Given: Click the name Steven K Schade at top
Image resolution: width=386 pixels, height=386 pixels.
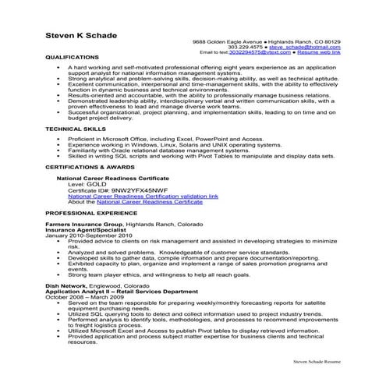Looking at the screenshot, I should point(82,33).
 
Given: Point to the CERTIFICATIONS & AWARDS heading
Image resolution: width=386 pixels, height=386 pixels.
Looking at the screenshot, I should point(90,166).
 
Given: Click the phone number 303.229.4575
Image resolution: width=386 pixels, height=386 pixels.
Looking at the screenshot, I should point(244,46).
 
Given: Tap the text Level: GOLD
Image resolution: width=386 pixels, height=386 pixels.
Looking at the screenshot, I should point(87,185).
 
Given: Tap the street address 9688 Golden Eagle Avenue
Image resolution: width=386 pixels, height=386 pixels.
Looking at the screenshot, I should point(228,41).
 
